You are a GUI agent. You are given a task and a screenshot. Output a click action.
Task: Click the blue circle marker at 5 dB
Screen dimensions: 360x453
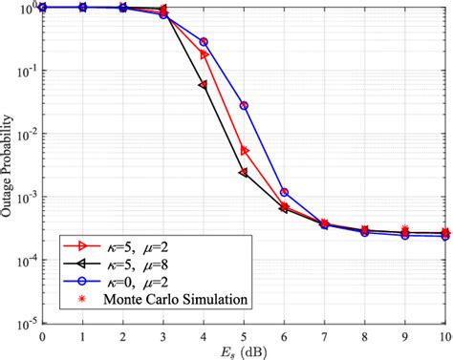tap(244, 105)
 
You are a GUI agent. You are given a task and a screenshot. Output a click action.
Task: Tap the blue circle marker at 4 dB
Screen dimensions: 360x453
tap(203, 42)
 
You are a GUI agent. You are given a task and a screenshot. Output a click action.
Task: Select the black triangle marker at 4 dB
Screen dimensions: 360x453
tap(203, 85)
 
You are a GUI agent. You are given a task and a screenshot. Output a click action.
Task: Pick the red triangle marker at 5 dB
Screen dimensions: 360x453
tap(244, 151)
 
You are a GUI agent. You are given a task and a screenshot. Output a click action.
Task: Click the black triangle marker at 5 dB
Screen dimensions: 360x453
tap(244, 172)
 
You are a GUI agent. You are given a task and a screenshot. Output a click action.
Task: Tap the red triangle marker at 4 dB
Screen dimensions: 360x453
tap(203, 54)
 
